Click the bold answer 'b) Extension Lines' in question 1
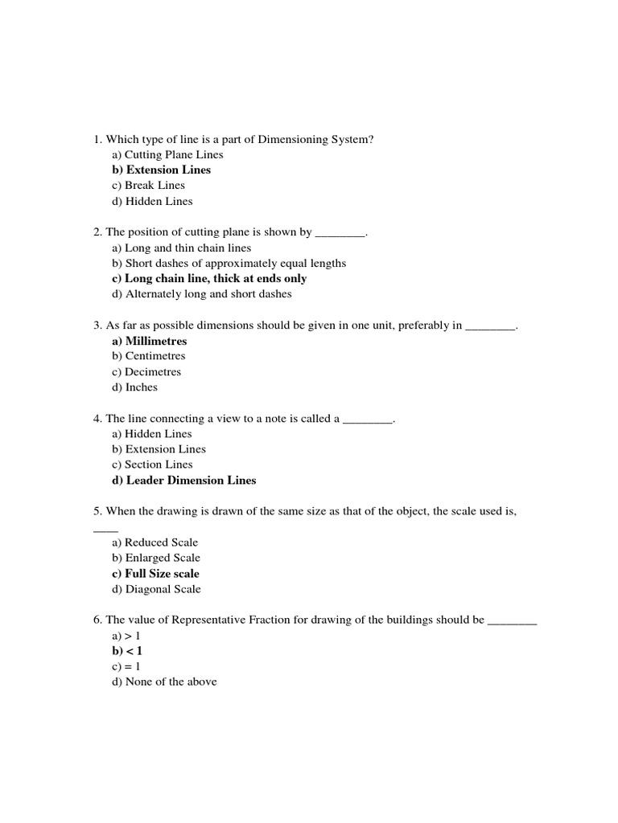161,170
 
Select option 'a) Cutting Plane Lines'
167,154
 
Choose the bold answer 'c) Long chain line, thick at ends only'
209,279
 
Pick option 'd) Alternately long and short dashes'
201,294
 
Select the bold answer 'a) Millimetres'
149,341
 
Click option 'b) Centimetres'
148,356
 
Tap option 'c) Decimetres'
146,372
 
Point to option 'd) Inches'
134,387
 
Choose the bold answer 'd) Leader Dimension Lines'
183,481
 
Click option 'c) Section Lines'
152,465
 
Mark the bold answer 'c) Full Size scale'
155,574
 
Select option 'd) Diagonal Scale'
156,589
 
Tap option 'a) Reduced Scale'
154,543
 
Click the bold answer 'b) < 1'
127,651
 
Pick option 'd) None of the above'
164,682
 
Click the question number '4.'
98,419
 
